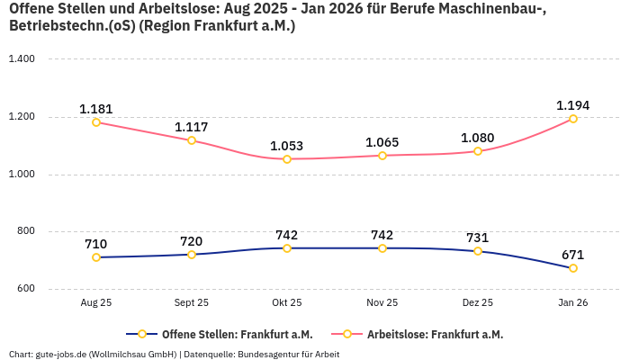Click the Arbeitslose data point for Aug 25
tap(96, 122)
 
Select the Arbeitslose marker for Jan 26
tap(573, 119)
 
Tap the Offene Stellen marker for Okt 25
tap(287, 248)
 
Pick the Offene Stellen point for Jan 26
tap(573, 268)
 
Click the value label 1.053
tap(287, 146)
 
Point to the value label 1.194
tap(573, 105)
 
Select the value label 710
tap(96, 244)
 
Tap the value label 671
tap(573, 255)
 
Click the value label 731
tap(478, 238)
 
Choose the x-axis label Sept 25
tap(192, 303)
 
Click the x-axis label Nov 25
tap(382, 303)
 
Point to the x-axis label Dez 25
tap(478, 303)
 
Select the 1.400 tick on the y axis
tap(21, 59)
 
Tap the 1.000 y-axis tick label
tap(21, 175)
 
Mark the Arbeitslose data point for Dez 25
tap(478, 151)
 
